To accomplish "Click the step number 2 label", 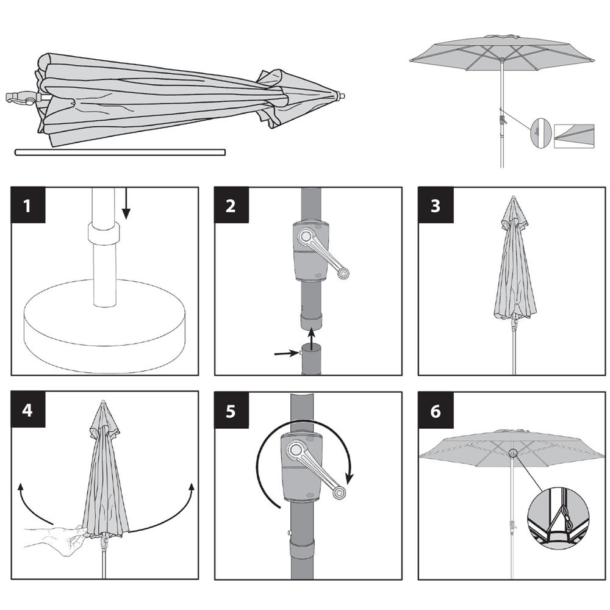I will (230, 206).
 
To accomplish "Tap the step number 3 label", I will (434, 206).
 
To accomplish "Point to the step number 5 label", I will (230, 410).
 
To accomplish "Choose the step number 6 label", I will (434, 410).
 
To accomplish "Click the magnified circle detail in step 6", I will (558, 512).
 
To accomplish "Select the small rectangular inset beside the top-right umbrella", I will (573, 136).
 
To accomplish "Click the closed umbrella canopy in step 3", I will (514, 268).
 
